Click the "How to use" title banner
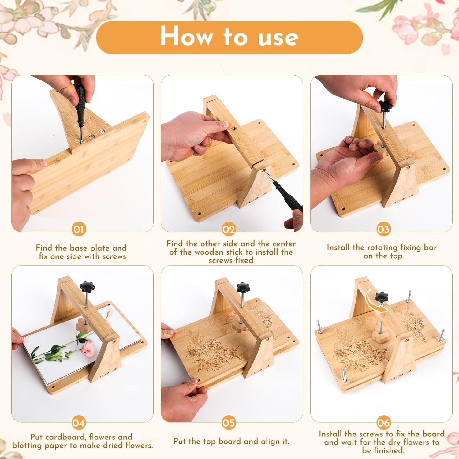pos(229,37)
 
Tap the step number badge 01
pos(79,229)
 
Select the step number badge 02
pos(229,229)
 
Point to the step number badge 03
pos(383,229)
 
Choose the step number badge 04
pos(79,423)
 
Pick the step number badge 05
pos(229,423)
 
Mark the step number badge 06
pos(383,423)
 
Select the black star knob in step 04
pos(88,287)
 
